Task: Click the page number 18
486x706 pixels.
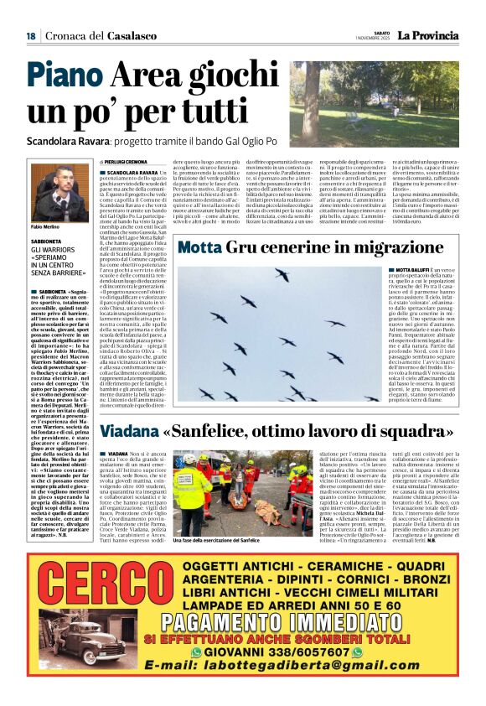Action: click(x=30, y=35)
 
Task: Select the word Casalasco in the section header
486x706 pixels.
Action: click(x=130, y=35)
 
